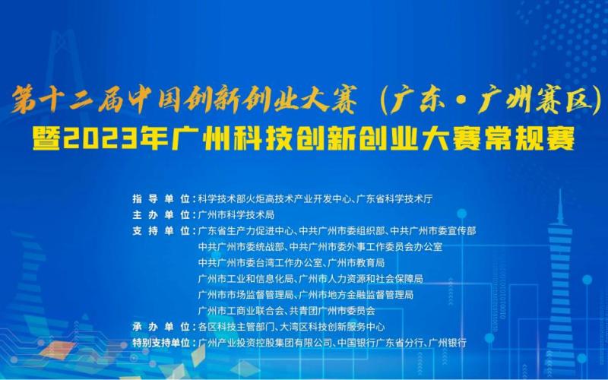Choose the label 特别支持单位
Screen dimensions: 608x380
(x=161, y=343)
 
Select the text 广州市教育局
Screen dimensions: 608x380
(x=356, y=263)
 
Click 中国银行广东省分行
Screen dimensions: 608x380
(x=380, y=343)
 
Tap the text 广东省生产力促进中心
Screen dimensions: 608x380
(x=245, y=231)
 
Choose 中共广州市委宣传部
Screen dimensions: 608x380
(x=432, y=231)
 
